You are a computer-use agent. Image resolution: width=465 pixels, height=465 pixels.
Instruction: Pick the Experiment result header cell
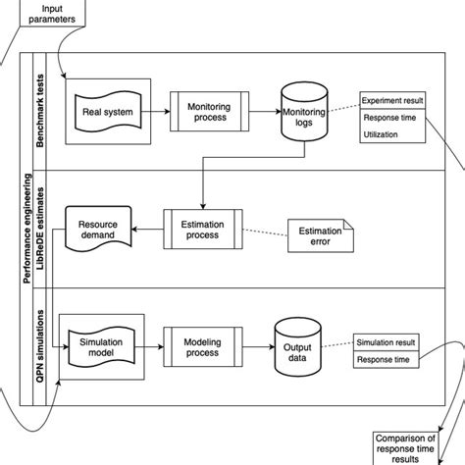391,101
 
